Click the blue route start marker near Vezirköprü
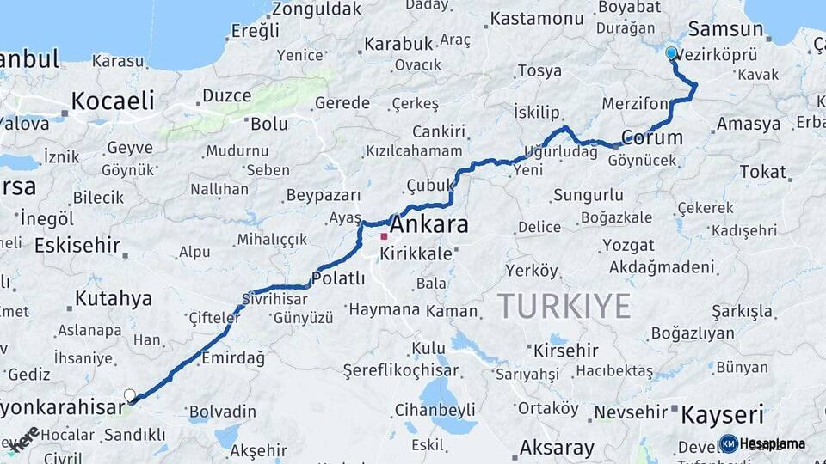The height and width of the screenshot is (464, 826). pos(671,53)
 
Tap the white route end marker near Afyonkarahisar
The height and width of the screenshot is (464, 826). pos(130,395)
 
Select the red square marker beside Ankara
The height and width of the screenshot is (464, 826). pos(384,236)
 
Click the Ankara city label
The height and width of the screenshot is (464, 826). pos(429,225)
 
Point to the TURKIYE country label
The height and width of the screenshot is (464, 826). pos(564,306)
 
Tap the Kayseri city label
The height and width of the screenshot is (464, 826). pos(722,415)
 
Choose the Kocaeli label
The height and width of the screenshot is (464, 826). pos(113,101)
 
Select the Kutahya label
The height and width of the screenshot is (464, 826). pos(113,299)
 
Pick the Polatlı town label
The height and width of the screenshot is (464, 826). pos(337,278)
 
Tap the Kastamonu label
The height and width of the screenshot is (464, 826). pos(537,18)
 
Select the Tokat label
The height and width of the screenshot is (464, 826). pos(762,172)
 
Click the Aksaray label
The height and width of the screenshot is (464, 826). pos(557,448)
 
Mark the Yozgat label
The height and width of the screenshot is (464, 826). pos(628,245)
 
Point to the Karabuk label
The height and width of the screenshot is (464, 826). pos(397,43)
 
